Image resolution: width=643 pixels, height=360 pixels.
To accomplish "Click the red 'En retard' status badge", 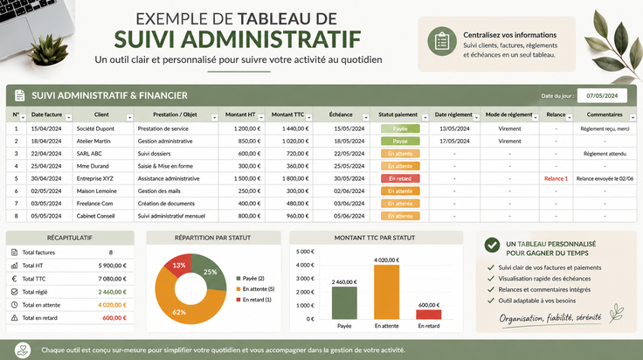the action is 400,178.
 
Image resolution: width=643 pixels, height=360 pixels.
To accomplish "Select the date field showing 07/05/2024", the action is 602,95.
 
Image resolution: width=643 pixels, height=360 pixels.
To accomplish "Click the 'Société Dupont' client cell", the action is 95,128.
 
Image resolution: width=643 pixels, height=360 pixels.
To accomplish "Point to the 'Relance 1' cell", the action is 556,178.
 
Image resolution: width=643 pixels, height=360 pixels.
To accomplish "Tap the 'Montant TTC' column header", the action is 288,114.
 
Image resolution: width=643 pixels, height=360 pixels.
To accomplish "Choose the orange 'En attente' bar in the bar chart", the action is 386,292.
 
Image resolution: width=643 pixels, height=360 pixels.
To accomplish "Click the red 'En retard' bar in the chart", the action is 429,315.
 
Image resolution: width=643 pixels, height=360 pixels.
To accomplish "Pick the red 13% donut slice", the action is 178,266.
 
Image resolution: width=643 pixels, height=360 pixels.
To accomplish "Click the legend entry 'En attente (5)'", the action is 255,289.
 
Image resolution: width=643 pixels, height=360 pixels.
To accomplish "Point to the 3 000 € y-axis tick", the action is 305,279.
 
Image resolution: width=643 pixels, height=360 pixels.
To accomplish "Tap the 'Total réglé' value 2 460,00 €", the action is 113,292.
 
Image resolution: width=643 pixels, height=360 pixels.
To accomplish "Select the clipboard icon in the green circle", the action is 442,41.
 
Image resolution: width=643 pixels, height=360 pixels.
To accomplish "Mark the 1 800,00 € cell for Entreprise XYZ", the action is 295,178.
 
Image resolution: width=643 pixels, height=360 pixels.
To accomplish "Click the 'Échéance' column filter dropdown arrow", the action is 365,118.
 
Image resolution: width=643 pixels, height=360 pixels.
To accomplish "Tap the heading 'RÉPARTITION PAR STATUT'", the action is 213,238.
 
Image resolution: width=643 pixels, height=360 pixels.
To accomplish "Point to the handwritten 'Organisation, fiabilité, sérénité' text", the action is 550,318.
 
